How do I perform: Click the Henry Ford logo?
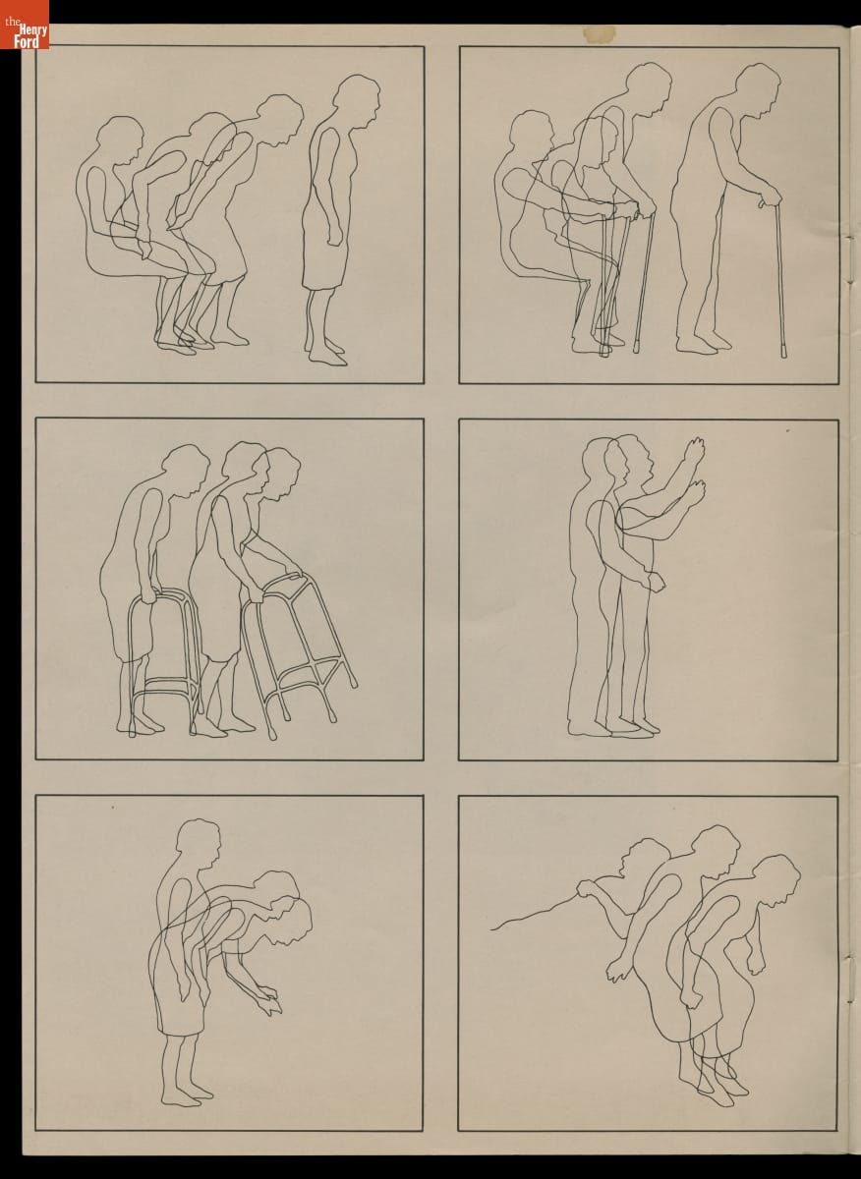[x=25, y=25]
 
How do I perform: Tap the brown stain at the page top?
[x=599, y=33]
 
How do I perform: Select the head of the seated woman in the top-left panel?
[x=121, y=140]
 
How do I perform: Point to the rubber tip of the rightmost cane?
[x=783, y=351]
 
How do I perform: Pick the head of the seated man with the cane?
[x=532, y=136]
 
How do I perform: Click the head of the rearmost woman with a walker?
[x=186, y=471]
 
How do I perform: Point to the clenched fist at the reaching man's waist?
[x=656, y=583]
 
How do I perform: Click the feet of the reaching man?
[x=613, y=727]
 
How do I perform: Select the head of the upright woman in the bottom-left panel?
[x=198, y=845]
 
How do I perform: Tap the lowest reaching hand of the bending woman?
[x=269, y=1005]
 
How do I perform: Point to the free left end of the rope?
[x=491, y=930]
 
